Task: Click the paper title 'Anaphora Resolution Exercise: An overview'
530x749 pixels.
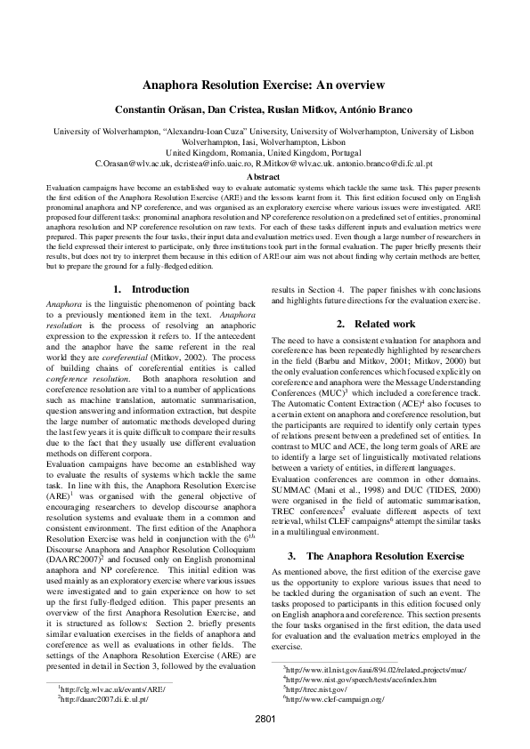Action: pos(265,85)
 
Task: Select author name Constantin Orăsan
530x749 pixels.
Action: pos(154,109)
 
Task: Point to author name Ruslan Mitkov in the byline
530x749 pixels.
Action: pos(297,109)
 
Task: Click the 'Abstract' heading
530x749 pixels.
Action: pos(265,177)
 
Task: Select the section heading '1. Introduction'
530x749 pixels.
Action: pos(152,289)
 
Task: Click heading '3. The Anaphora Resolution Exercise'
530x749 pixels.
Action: pos(376,531)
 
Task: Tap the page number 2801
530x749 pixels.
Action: pos(265,717)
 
